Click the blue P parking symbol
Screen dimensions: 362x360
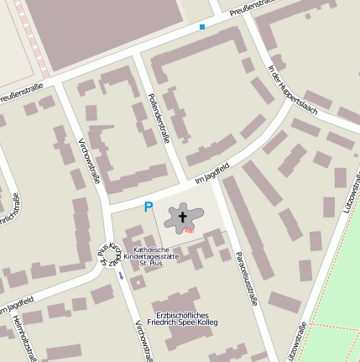click(x=149, y=207)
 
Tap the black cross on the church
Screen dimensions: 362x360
click(x=181, y=218)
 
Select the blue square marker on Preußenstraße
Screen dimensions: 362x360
click(x=202, y=27)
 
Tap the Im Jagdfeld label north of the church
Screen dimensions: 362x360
click(x=211, y=171)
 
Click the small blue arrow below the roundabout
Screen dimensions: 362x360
click(x=121, y=275)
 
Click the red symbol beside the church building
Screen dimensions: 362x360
click(x=190, y=228)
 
